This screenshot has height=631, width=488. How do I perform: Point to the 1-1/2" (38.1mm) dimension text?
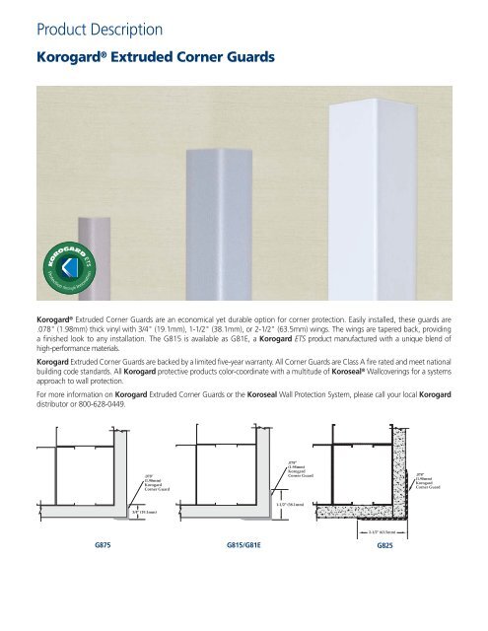pos(284,506)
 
